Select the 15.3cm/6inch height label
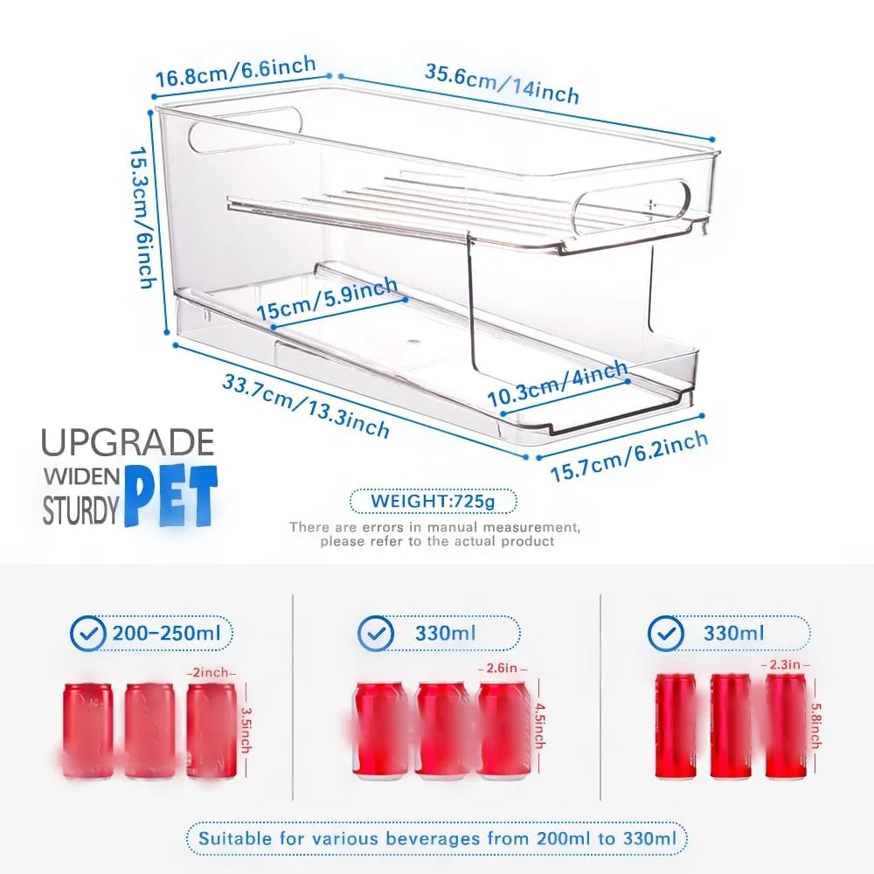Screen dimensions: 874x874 (143, 218)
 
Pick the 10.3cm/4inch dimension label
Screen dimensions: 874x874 (558, 385)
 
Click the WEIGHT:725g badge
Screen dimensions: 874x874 (434, 502)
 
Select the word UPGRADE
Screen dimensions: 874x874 (128, 443)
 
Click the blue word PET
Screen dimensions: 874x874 (170, 498)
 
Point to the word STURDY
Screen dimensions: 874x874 (80, 511)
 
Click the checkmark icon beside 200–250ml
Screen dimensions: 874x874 (87, 634)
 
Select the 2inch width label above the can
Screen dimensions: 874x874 (211, 673)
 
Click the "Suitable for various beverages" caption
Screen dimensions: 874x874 (437, 839)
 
